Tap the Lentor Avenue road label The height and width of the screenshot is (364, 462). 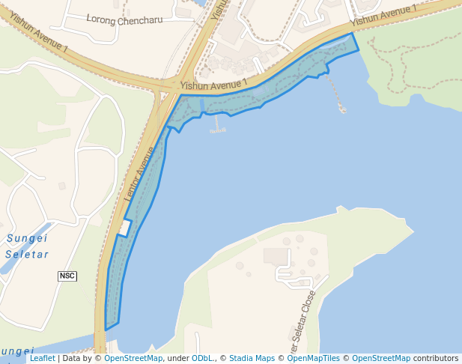coord(141,175)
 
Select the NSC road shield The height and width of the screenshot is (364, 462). coord(67,276)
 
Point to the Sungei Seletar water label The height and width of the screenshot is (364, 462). coord(27,246)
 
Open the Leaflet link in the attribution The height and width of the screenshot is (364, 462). coord(42,359)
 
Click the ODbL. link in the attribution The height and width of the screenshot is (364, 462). coord(201,359)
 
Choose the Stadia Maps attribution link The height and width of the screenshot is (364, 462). coord(252,359)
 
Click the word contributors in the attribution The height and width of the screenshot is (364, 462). coord(436,359)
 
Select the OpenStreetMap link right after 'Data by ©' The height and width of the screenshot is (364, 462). coord(133,359)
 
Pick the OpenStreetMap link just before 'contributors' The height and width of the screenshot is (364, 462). coord(381,359)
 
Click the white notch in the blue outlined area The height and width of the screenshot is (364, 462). coord(124,228)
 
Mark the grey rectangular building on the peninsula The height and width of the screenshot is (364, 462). coord(276,257)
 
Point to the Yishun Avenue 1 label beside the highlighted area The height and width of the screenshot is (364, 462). coord(214,85)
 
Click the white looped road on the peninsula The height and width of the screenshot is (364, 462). coord(294,276)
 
